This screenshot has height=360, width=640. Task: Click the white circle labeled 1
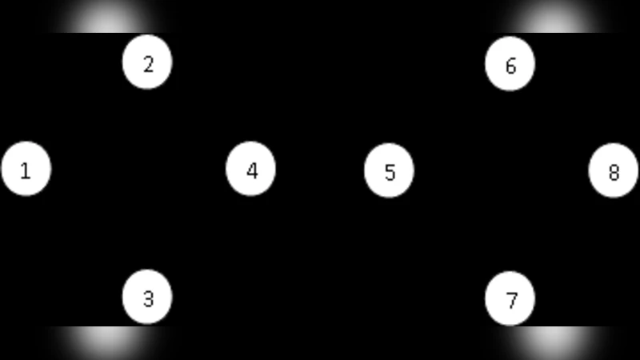coord(26,169)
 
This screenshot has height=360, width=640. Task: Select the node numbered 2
coord(147,62)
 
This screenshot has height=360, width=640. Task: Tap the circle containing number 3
coord(147,298)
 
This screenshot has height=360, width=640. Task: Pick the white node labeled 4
coord(251,169)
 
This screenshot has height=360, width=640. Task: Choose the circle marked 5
coord(389,170)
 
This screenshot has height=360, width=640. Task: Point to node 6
coord(510,63)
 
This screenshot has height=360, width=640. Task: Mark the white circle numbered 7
coord(510,298)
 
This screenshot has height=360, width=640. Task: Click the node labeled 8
coord(614,170)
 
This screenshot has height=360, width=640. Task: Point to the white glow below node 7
coord(552,342)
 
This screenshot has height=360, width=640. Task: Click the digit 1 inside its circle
coord(26,170)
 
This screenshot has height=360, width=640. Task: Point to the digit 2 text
coord(148,64)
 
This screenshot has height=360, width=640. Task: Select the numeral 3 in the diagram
coord(148,299)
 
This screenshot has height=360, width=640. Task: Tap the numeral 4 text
coord(252,170)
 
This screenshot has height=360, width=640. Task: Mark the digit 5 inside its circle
coord(390,172)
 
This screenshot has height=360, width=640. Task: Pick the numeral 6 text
coord(510,66)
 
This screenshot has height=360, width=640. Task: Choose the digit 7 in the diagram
coord(511,301)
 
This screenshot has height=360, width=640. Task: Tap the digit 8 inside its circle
coord(614,172)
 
